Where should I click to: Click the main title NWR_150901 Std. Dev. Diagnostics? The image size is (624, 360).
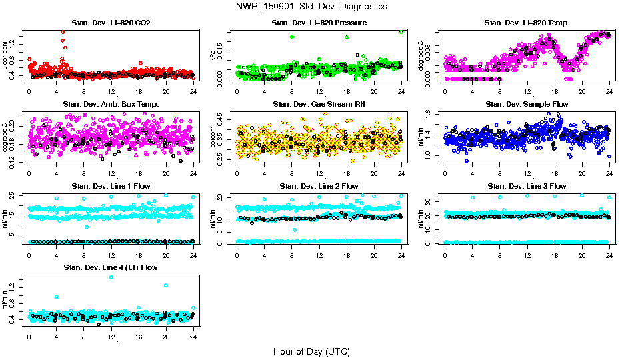click(311, 7)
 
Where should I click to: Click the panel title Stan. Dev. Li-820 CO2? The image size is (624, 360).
click(111, 23)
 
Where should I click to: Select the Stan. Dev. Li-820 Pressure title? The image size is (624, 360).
click(319, 23)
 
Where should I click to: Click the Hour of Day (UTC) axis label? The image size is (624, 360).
click(311, 351)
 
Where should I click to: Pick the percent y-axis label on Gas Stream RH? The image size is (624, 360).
click(213, 137)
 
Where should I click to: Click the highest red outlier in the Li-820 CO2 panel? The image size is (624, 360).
click(63, 31)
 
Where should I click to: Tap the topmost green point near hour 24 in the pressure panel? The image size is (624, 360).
click(401, 31)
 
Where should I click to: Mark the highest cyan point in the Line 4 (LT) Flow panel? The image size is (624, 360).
click(111, 277)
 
